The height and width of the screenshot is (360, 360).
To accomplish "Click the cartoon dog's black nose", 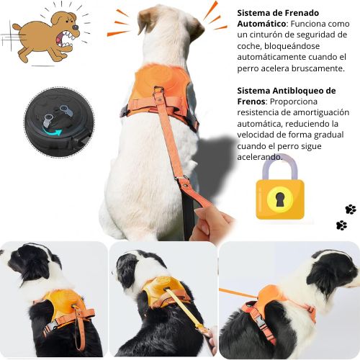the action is coord(76,27).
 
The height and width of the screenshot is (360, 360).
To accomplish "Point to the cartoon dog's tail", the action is coord(17,27).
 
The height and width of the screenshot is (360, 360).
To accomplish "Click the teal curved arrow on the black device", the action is coord(53,132).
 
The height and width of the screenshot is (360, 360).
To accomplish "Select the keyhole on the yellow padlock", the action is coord(280,199).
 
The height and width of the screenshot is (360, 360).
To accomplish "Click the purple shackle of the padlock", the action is coord(280,167).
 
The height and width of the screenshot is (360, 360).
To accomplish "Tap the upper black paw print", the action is coord(351,210).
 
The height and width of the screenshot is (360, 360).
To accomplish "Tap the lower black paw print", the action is coord(341,225).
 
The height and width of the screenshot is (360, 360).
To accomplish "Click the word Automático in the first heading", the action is coord(261,24).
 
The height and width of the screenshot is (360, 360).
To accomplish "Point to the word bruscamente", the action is coord(318,68).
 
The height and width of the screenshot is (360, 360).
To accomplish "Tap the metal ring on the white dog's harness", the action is coord(159,90).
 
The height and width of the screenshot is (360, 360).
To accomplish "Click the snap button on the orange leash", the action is coord(185,185).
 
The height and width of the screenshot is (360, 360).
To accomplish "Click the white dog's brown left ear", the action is coord(145,19).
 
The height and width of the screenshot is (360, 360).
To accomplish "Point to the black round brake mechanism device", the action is coord(59,122).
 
